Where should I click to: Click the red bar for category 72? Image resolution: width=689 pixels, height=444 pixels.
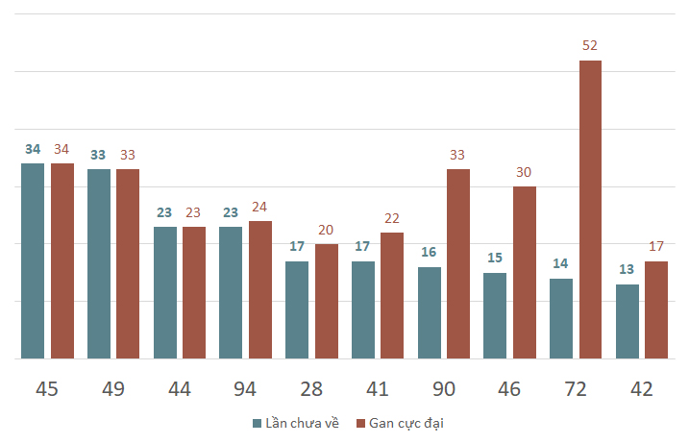pos(590,210)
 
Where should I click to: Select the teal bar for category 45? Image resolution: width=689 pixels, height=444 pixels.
pos(33,261)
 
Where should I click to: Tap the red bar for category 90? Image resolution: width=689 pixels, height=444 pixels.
pos(458,263)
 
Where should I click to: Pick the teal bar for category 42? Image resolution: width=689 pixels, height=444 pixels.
pos(627,321)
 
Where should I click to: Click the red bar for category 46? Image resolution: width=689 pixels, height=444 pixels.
pos(525,273)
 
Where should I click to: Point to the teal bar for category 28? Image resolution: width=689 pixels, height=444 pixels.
pos(297,309)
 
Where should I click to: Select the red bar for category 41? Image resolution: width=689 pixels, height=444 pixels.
pos(392,295)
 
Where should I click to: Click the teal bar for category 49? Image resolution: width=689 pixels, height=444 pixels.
pos(99,263)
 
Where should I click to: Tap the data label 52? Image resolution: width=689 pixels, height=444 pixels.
pos(590,45)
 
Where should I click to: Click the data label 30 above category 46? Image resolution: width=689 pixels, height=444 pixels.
pos(524,172)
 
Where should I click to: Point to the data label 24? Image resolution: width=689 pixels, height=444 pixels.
pos(259,207)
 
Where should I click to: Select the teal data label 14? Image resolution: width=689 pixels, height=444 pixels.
pos(560,263)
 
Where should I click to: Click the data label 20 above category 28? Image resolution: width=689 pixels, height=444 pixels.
pos(326,230)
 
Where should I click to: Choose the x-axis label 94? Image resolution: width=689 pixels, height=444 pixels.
pos(245,389)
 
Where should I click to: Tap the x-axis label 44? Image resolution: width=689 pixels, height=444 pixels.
pos(180,389)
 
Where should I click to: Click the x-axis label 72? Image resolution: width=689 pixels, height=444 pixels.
pos(576,389)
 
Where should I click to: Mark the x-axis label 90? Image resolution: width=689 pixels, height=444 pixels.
pos(443,389)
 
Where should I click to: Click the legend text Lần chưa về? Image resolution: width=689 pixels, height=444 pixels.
pos(303,423)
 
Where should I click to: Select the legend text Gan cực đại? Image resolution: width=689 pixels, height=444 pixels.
pos(406,424)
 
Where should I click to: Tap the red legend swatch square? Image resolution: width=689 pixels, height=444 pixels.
pos(360,424)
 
